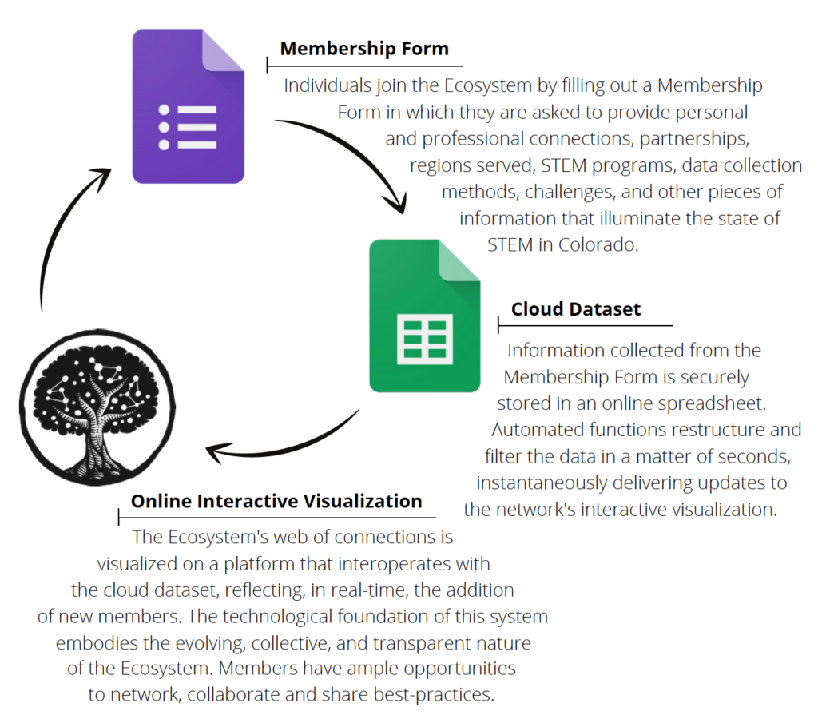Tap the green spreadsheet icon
pyautogui.click(x=424, y=316)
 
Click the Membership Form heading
pyautogui.click(x=364, y=49)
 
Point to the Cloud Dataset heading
pyautogui.click(x=576, y=309)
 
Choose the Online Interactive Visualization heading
pyautogui.click(x=276, y=501)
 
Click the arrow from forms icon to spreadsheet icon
pyautogui.click(x=351, y=159)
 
